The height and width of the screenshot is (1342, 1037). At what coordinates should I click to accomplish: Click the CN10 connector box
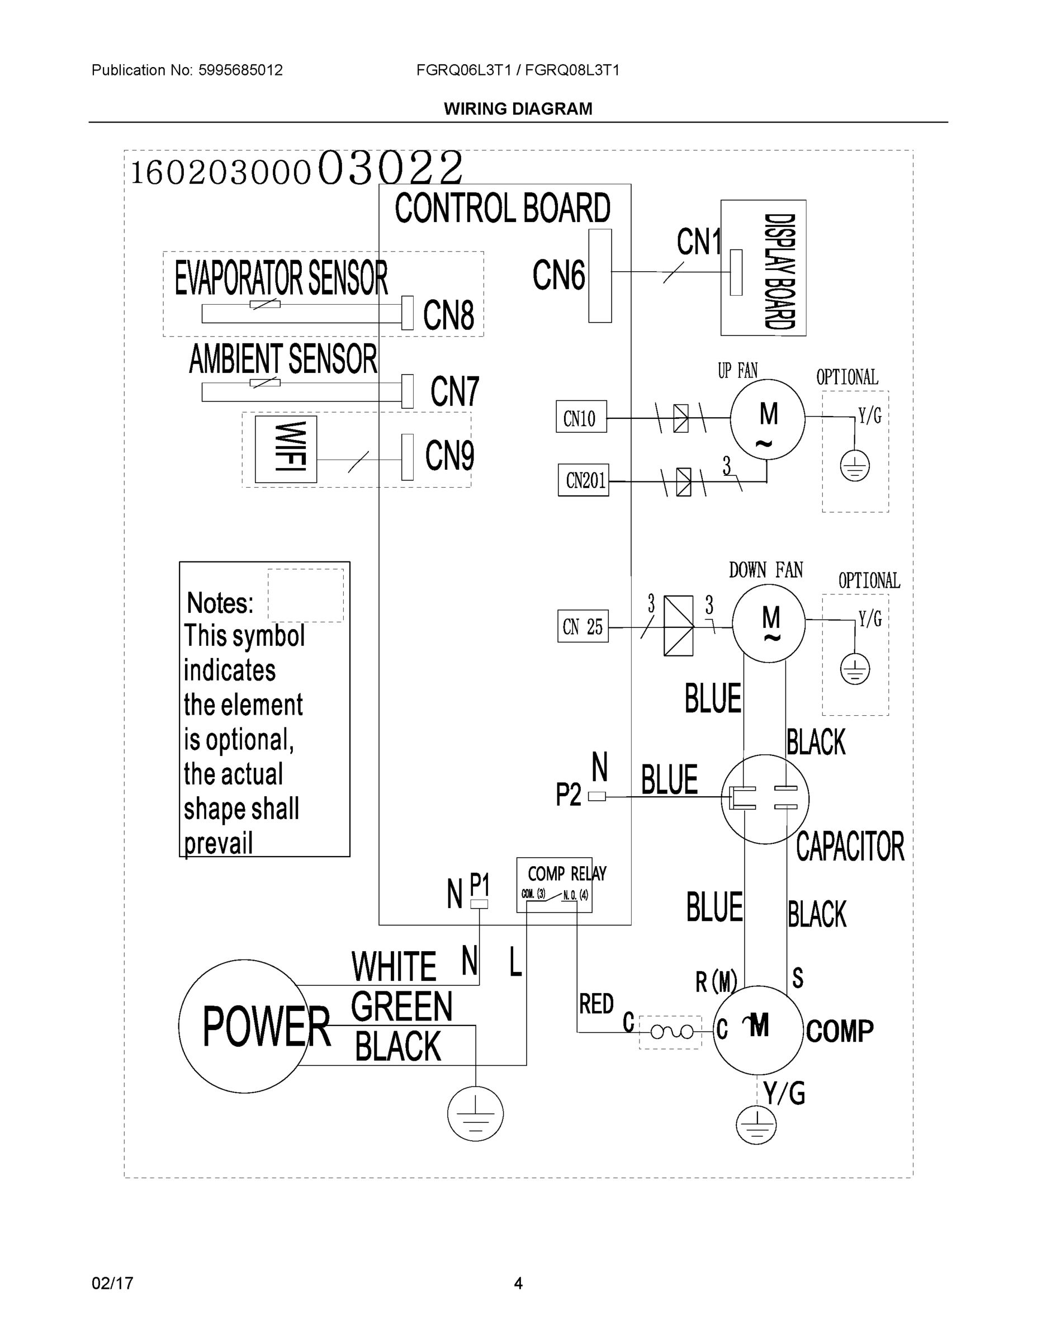[580, 417]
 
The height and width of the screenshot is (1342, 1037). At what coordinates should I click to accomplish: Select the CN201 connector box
[583, 480]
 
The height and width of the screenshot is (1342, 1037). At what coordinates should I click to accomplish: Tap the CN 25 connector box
[583, 626]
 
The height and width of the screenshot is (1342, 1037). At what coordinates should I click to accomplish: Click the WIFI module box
[286, 449]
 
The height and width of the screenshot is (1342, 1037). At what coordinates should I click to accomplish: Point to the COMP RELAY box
[554, 884]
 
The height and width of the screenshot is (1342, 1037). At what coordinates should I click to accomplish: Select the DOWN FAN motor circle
[768, 623]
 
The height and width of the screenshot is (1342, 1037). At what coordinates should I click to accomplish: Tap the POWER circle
[244, 1026]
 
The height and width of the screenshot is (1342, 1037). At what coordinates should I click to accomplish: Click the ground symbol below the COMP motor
[756, 1125]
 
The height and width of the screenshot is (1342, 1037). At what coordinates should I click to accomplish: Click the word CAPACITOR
[850, 847]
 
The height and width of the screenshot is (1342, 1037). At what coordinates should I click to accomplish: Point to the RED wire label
[596, 1004]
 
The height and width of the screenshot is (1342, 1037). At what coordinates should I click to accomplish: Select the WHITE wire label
[393, 967]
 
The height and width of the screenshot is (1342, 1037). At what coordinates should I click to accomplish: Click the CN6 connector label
[558, 275]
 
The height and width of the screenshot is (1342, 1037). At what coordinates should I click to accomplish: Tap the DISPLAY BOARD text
[779, 271]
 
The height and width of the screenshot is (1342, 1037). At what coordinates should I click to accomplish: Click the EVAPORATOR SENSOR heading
[281, 278]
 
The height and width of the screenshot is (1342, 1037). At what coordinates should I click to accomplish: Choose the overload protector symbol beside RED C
[670, 1032]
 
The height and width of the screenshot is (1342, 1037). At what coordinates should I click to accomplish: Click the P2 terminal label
[567, 795]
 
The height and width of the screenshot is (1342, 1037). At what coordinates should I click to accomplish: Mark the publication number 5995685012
[240, 70]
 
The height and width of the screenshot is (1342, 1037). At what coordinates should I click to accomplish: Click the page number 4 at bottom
[518, 1283]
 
